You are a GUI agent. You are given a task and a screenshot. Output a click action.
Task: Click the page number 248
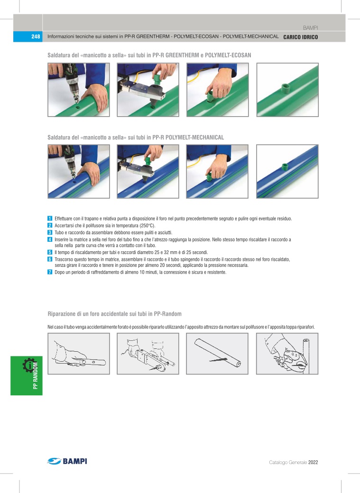click(x=36, y=37)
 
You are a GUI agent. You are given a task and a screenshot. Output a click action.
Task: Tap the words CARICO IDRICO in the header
click(x=301, y=37)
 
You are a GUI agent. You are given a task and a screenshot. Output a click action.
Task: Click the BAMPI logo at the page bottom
click(x=67, y=461)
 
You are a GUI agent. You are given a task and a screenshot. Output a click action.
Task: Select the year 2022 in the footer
click(x=313, y=462)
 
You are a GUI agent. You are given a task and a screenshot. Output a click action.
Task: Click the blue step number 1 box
click(x=50, y=219)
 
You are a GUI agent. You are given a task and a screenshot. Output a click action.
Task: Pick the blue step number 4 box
click(x=50, y=239)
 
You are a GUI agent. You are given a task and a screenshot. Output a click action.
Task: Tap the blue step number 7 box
click(x=50, y=272)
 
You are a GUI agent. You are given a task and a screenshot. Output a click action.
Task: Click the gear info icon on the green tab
click(x=29, y=365)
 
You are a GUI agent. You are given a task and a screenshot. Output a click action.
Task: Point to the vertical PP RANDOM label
click(x=35, y=376)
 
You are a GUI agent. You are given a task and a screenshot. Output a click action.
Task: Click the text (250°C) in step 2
click(x=147, y=226)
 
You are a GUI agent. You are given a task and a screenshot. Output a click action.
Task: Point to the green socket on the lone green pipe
click(x=285, y=87)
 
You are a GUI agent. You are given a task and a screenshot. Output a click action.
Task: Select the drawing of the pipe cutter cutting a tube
click(x=287, y=354)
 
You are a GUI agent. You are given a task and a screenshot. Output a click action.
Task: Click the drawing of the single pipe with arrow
click(x=217, y=354)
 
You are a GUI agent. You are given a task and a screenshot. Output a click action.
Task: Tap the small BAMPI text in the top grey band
click(x=310, y=28)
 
